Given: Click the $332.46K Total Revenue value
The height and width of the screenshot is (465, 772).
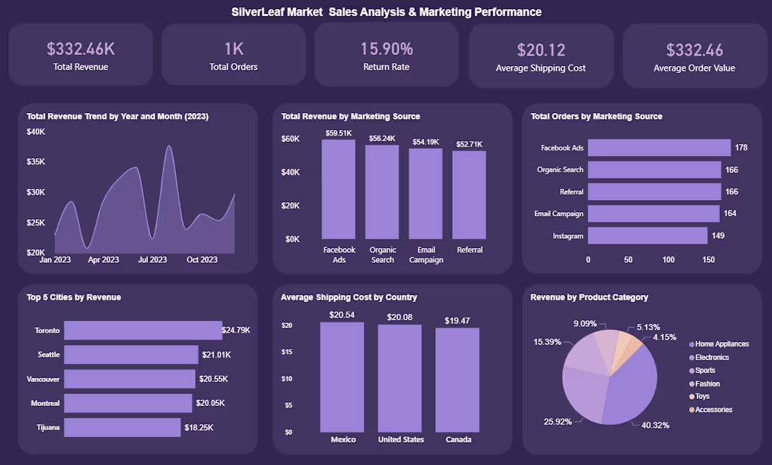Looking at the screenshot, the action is tap(81, 48).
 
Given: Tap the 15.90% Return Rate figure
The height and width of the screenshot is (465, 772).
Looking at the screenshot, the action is tap(387, 48).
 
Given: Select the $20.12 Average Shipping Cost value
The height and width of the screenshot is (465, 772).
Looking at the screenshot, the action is tap(541, 50).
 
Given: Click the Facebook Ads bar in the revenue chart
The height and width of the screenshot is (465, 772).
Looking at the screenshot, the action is tap(339, 190).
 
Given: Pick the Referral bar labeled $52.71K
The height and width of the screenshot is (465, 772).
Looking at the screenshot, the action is tap(470, 195).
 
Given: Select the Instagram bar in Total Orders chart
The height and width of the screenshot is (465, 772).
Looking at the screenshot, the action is tap(648, 235).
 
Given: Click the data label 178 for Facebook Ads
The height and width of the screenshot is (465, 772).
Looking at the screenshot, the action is tap(741, 148).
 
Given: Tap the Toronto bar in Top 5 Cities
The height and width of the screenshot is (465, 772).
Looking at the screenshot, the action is tap(143, 331).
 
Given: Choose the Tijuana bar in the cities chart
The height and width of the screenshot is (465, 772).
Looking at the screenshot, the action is tap(123, 428).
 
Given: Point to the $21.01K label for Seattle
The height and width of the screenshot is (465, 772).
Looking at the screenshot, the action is tap(217, 355).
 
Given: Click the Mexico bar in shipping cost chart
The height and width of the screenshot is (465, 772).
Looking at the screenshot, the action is tap(342, 377).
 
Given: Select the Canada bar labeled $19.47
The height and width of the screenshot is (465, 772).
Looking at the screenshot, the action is tap(458, 380).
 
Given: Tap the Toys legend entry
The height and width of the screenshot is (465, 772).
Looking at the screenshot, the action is tap(700, 396).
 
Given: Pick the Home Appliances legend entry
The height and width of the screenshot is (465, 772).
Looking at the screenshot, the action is tap(719, 343).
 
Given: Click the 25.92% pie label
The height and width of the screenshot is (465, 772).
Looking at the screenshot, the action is tap(558, 421).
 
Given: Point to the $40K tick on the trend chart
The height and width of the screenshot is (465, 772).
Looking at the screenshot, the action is tap(36, 131).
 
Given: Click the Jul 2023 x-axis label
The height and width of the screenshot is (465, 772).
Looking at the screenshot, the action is tap(152, 260).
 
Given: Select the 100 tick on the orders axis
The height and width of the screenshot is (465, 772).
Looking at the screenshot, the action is tap(668, 260).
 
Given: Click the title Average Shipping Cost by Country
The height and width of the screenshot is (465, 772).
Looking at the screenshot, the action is tap(349, 297).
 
